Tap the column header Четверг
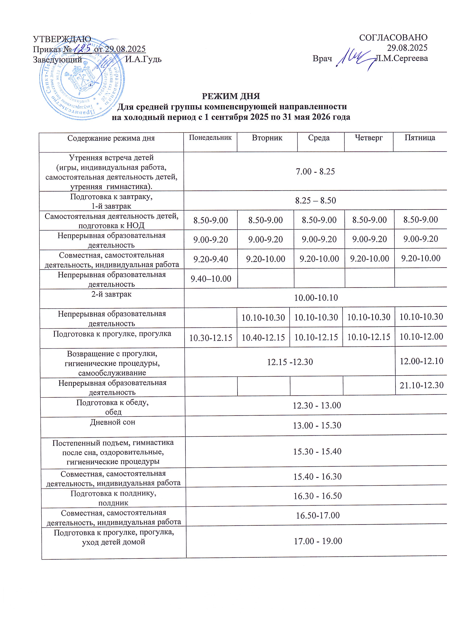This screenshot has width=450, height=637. click(x=369, y=138)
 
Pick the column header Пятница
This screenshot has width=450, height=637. click(x=420, y=138)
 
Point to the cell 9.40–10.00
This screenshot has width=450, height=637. click(x=211, y=279)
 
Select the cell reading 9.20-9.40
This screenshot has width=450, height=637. click(x=211, y=259)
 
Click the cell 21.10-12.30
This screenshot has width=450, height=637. click(x=421, y=385)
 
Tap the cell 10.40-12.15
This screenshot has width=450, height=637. click(x=263, y=337)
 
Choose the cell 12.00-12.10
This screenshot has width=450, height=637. click(x=421, y=361)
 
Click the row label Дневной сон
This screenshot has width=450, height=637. click(x=112, y=422)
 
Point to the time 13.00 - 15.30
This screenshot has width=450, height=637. click(x=317, y=425)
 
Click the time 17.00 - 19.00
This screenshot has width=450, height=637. click(x=318, y=541)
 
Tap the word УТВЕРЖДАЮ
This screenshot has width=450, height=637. click(x=62, y=39)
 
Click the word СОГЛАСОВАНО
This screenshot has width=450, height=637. click(x=393, y=37)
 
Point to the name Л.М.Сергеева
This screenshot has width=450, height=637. click(x=402, y=58)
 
